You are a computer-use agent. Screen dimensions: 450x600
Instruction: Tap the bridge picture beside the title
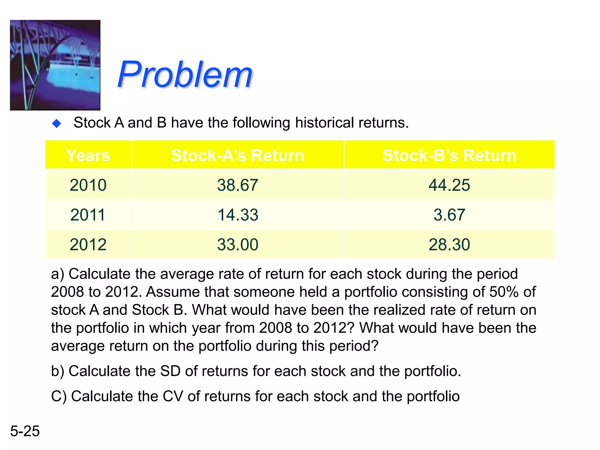point(55,65)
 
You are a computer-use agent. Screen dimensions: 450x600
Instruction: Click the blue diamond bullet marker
point(57,123)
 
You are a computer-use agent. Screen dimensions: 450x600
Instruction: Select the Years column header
point(88,155)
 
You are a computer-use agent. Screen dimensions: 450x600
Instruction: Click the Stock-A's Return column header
point(238,155)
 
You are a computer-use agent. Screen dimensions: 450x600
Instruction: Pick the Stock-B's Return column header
point(449,155)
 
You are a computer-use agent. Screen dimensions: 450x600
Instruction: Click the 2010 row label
point(88,185)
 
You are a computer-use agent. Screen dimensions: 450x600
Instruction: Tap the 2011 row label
point(88,215)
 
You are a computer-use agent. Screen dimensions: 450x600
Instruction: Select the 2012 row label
point(88,244)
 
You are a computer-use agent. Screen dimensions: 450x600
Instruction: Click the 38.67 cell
point(238,185)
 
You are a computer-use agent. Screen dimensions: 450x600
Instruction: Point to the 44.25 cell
point(449,185)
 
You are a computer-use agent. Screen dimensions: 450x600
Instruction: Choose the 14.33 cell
point(238,215)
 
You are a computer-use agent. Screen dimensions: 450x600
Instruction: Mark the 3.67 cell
point(449,215)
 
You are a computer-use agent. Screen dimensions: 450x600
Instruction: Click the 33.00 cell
point(238,244)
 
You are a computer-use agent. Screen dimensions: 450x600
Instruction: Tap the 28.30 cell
point(449,244)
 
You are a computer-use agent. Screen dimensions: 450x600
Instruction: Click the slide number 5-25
point(25,431)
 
